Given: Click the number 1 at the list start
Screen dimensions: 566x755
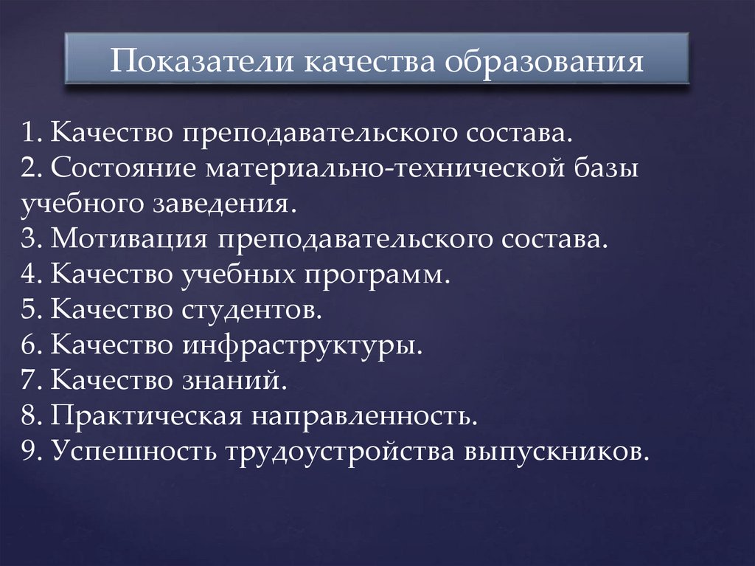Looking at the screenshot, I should pos(28,134).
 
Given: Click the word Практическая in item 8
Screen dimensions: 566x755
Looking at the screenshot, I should pos(147,417).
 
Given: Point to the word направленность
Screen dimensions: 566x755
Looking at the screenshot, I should pos(367,417).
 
